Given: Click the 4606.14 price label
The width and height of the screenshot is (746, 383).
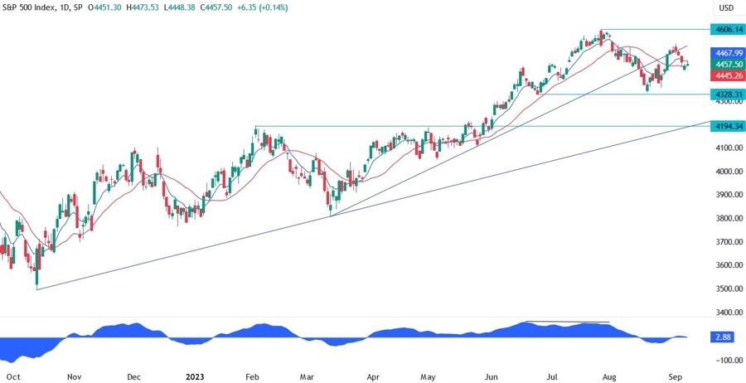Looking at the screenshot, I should tap(727, 29).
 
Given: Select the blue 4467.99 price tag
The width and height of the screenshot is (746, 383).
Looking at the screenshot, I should tap(727, 51).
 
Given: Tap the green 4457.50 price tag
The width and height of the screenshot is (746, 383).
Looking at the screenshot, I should tap(727, 63).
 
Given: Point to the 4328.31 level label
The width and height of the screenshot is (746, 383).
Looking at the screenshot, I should tap(727, 95).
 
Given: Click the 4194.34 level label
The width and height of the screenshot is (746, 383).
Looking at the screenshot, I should tap(727, 126).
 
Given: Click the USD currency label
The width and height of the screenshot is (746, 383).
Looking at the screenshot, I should tap(726, 8).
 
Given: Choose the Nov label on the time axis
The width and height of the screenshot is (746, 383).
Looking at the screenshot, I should tap(74, 376).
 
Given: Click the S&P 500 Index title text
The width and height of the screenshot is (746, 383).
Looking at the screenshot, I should tap(32, 7).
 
